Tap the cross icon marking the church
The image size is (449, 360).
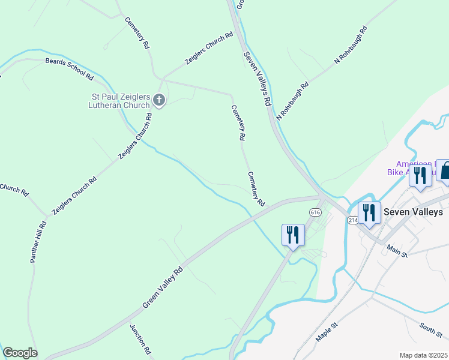point(159,100)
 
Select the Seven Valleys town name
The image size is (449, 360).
point(413,212)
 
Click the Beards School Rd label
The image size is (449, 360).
point(69,69)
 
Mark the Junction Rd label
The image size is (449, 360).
point(140,338)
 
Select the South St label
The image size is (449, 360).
point(431,329)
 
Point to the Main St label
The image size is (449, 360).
point(397,250)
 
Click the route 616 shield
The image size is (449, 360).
point(315,212)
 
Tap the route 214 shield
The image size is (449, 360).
point(352,221)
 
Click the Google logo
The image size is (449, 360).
point(20,353)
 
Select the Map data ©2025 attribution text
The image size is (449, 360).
point(423,355)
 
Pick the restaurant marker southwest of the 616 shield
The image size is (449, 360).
point(293,235)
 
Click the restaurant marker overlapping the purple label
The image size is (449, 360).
point(420,176)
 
